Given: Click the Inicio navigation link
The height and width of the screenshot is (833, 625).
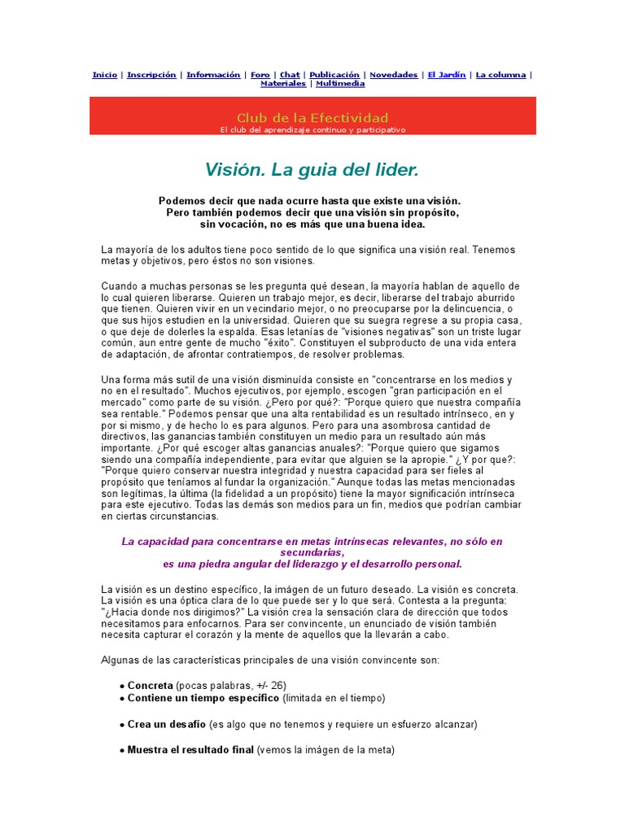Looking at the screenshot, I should [x=104, y=75].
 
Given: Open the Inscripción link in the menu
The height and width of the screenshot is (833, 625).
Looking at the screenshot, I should [x=151, y=75].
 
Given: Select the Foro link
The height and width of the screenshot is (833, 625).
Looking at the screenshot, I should [x=260, y=75].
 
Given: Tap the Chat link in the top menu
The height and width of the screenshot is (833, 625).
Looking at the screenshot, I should [x=290, y=75].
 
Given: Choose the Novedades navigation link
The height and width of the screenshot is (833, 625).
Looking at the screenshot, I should [x=393, y=75].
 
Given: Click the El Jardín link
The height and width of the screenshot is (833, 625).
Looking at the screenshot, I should [x=447, y=75].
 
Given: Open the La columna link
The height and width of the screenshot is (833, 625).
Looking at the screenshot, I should [x=500, y=75].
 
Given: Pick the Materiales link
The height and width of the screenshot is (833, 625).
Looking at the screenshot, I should [x=283, y=84].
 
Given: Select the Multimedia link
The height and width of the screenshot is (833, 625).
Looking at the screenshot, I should [x=340, y=84].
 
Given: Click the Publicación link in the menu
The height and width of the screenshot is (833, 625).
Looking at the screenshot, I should [x=334, y=75].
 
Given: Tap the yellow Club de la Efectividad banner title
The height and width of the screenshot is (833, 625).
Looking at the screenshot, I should [x=312, y=118].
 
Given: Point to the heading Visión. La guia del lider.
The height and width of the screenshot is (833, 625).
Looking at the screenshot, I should [x=312, y=170].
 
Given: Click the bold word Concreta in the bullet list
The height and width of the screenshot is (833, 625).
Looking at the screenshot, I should [x=151, y=685].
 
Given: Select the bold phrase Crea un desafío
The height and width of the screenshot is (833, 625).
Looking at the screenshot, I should [x=167, y=724].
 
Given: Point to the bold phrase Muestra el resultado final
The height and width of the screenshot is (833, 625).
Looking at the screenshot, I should [x=190, y=750].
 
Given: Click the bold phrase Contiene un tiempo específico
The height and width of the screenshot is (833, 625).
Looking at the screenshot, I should [x=204, y=698].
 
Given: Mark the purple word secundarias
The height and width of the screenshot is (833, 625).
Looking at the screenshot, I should [x=312, y=552].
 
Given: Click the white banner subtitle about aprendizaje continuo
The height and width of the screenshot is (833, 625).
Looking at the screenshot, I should [x=312, y=129].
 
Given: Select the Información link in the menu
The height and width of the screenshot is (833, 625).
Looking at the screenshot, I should [x=213, y=75].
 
